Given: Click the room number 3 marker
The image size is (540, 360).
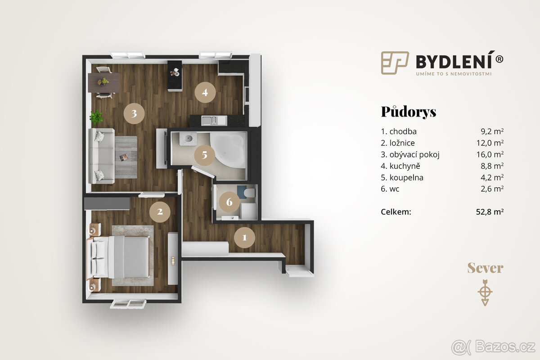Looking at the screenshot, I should coord(134,114).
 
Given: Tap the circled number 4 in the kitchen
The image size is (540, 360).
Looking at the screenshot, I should coord(205,93).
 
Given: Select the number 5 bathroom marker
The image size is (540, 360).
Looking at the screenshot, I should coord(205,155).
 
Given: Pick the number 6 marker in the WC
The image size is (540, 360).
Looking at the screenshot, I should coord(229,202).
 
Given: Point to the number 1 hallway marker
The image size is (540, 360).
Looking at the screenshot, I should coord(245,237).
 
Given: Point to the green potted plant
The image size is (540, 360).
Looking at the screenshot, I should coord(96,117).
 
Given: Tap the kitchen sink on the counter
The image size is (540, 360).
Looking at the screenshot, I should coord(210,120).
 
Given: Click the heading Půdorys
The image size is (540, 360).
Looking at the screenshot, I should coord(408,112).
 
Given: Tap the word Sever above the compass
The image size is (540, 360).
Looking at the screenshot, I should coord(485,269).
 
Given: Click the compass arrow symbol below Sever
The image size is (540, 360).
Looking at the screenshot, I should coord(485,292).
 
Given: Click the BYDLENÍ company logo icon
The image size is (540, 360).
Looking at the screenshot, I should coord(395,63).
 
